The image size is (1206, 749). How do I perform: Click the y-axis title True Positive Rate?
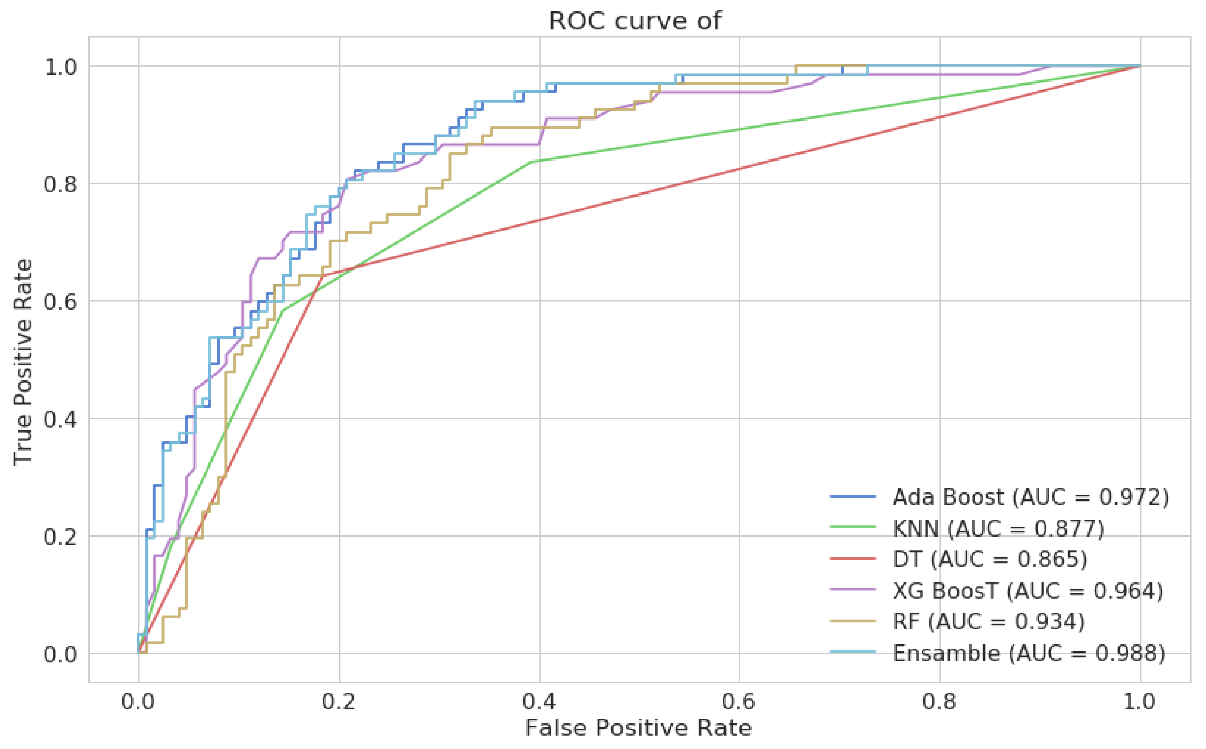point(23,362)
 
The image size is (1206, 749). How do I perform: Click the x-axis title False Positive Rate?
point(639,728)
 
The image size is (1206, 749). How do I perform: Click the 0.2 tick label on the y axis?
point(60,537)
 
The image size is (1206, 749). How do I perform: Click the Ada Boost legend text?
point(1031,497)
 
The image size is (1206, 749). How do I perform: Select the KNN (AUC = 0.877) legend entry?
point(998,528)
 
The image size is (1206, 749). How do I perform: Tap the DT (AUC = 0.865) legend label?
point(989,559)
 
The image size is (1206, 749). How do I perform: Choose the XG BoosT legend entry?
point(1028,590)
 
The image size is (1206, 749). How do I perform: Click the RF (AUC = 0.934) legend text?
point(989,621)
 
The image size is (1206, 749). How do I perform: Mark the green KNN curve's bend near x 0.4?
point(532,162)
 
